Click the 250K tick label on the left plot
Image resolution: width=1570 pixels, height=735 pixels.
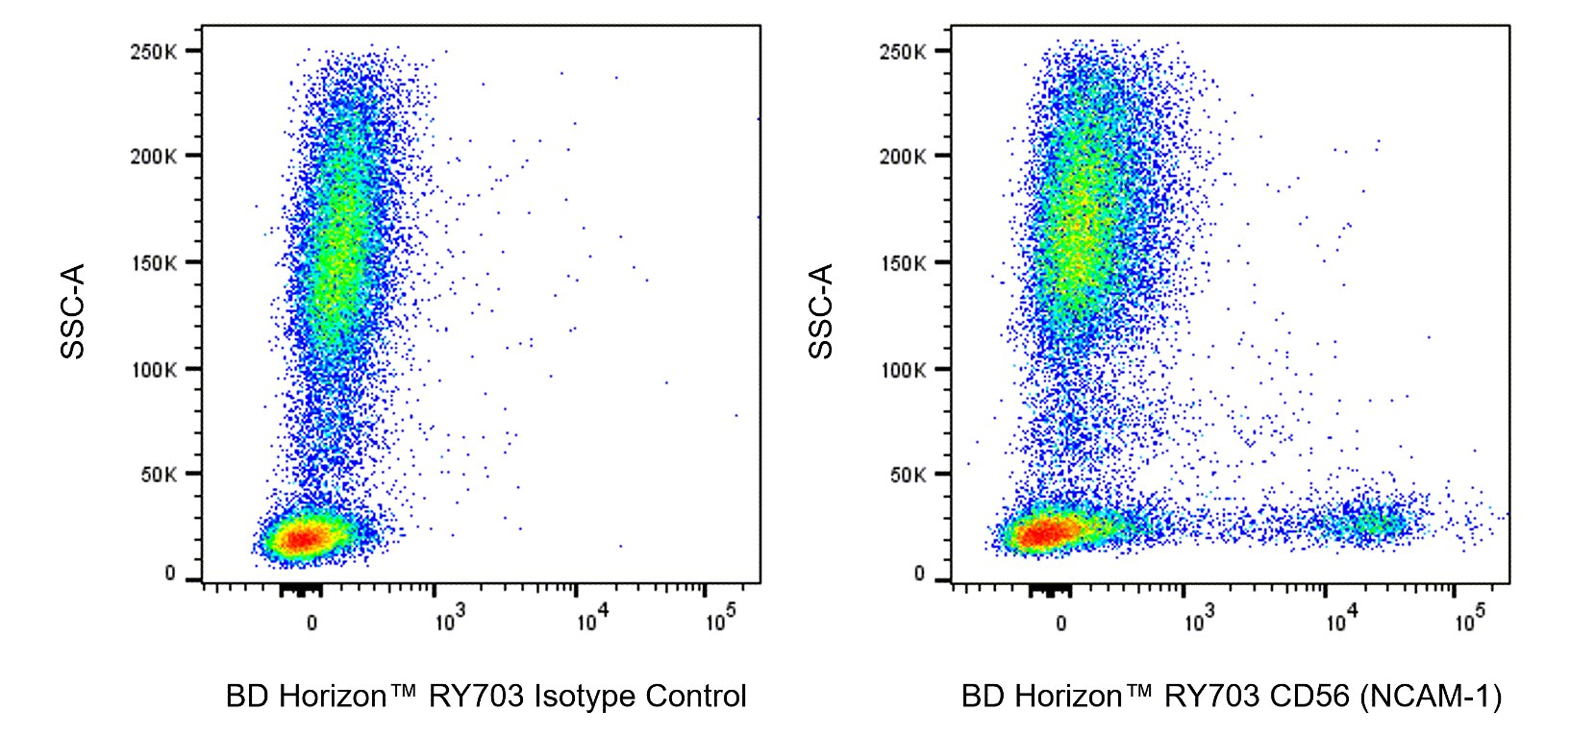pos(153,52)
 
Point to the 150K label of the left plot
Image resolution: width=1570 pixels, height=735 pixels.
pos(153,263)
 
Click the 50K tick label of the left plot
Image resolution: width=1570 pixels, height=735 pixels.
pos(158,475)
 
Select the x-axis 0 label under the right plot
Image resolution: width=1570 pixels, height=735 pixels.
pos(1060,624)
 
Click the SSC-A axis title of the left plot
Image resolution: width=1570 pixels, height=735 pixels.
pos(73,311)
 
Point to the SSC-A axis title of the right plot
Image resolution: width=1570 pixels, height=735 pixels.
pos(821,311)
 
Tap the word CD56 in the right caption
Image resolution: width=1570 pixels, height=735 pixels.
pos(1308,696)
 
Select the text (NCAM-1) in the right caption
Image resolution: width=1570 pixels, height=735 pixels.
pos(1431,696)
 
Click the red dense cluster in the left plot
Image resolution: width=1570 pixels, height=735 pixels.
pos(303,538)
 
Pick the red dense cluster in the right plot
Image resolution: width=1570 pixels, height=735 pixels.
pos(1048,531)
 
